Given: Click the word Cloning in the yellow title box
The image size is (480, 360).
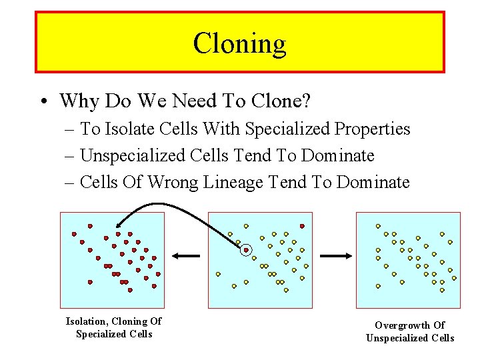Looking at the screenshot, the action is tap(239, 44).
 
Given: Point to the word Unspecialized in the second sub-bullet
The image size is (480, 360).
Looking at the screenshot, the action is tap(135, 155).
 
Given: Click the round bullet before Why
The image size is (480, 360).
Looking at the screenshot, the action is tap(43, 101).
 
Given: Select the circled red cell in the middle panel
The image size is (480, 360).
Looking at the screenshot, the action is tap(246, 250).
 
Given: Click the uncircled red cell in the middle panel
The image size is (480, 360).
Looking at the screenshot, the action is tap(302, 226).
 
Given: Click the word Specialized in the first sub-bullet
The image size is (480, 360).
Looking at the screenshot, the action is tap(289, 129).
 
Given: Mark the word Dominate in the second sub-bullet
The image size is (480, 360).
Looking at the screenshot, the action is tap(338, 155).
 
